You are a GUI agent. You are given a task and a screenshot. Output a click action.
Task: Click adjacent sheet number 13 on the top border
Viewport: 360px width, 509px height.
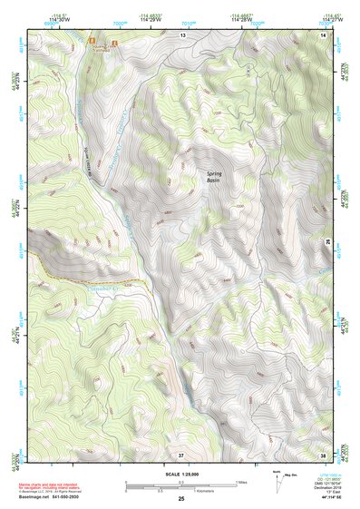click(x=181, y=34)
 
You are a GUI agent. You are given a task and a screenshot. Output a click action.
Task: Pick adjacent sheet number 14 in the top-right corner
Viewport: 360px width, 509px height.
click(x=324, y=34)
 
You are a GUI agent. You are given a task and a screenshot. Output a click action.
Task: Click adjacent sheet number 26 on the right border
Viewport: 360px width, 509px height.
click(x=327, y=242)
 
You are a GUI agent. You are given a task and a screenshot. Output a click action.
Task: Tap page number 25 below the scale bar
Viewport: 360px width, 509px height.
click(x=180, y=499)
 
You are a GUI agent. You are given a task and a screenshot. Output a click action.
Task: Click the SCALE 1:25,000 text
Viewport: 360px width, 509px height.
click(x=180, y=474)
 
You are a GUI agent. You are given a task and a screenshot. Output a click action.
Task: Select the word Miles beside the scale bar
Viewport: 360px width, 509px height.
click(x=242, y=481)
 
